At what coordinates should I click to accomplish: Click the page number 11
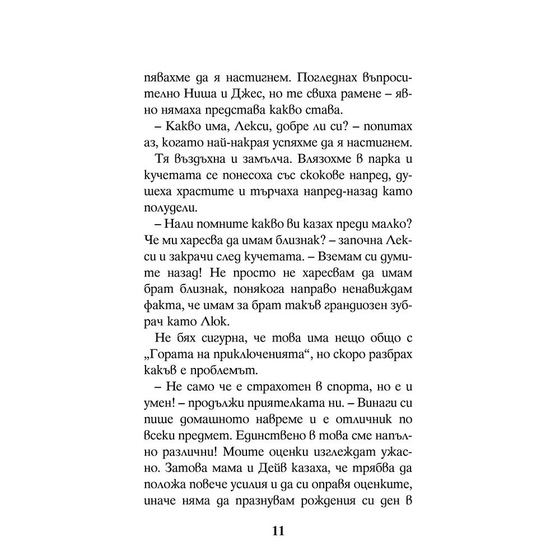[x=279, y=531]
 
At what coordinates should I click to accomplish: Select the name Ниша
[x=195, y=91]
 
